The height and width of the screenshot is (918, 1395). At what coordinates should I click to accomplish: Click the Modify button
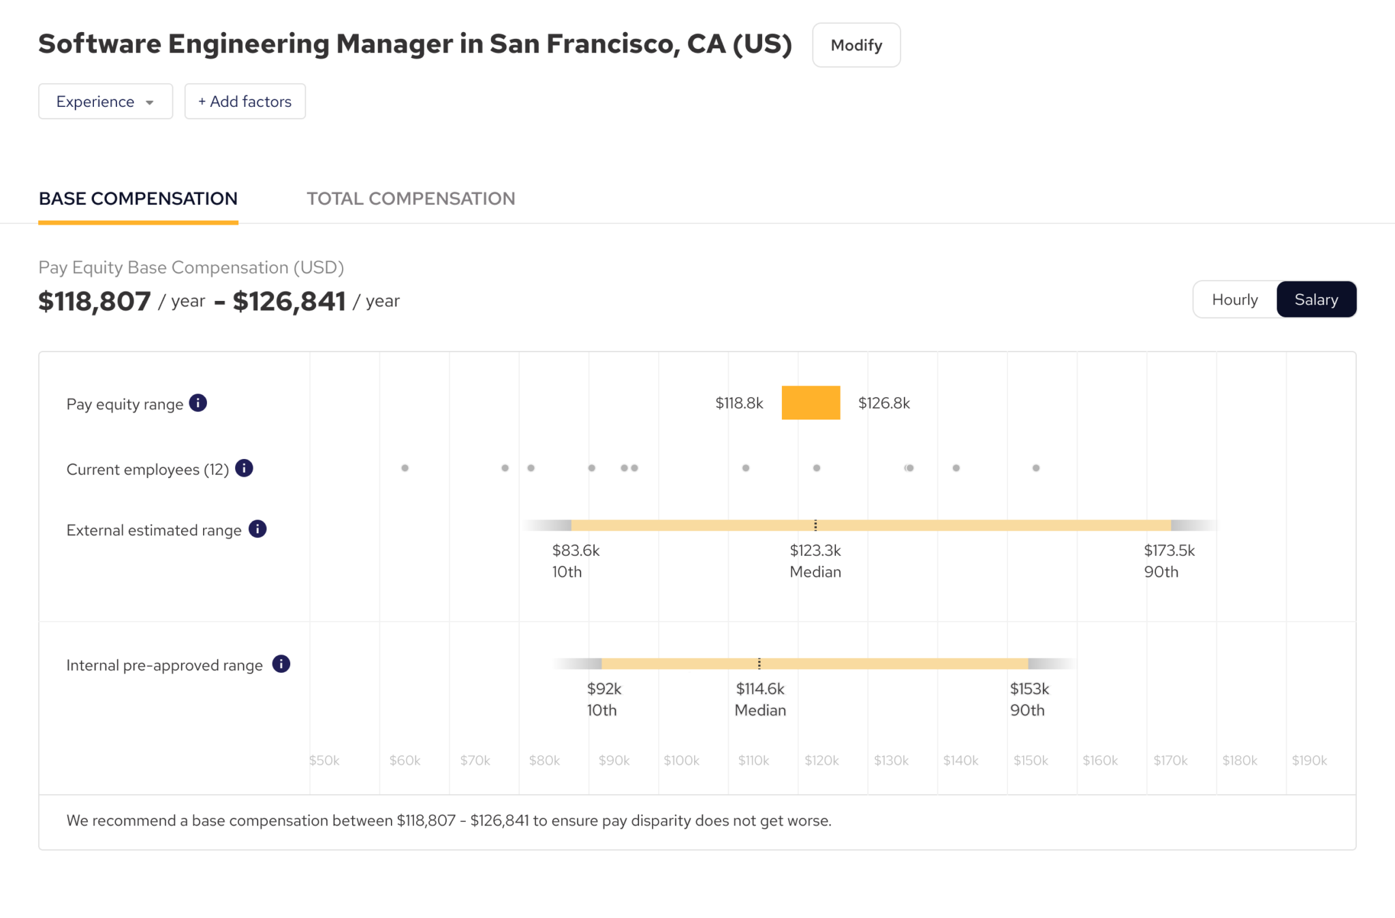856,45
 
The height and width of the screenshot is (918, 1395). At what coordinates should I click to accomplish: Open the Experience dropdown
106,101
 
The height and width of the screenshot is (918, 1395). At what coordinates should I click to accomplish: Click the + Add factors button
245,101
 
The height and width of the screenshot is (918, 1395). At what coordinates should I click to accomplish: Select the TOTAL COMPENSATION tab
411,198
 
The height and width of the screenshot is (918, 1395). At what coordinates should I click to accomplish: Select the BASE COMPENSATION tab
138,198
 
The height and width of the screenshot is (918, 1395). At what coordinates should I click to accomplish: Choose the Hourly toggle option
1234,300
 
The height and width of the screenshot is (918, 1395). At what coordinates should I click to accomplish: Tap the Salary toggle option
1316,300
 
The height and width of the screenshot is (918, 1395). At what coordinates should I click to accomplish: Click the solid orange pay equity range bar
811,402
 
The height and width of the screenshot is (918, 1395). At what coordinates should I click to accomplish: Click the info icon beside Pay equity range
198,403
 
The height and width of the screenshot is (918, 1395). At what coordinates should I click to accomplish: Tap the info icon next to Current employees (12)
244,469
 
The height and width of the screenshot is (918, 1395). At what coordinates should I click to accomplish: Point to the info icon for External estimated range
257,529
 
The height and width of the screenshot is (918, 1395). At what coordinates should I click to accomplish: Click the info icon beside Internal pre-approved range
281,664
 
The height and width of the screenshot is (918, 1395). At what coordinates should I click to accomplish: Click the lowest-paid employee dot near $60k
405,468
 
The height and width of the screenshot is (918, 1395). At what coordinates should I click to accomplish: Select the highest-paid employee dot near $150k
1036,468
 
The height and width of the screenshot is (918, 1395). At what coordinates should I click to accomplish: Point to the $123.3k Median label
815,560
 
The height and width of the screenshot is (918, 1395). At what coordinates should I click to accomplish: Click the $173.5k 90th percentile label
1169,560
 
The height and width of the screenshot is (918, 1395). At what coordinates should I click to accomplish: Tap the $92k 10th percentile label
604,699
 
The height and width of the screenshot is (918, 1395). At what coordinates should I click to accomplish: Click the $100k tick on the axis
681,760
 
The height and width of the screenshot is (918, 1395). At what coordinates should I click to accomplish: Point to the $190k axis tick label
1309,760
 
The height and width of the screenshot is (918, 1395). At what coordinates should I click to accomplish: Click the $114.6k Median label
760,699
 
